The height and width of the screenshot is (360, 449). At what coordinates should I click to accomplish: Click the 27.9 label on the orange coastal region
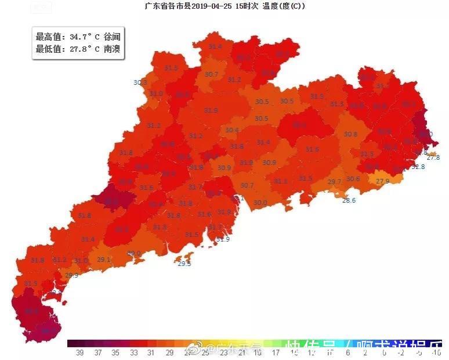(x=382, y=181)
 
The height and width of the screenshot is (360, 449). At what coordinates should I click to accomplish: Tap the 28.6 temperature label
(x=349, y=200)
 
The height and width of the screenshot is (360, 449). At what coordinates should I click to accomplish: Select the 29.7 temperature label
(x=334, y=182)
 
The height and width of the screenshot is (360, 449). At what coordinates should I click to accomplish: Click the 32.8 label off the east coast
(x=418, y=167)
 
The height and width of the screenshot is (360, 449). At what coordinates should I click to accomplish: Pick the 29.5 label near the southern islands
(x=184, y=264)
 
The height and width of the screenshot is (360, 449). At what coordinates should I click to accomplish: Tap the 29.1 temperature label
(x=104, y=260)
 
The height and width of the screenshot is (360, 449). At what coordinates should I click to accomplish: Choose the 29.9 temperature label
(x=71, y=275)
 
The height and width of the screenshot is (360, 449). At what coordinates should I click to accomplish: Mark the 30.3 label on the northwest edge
(x=140, y=82)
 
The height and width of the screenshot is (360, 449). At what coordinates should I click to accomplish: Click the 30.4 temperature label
(x=232, y=130)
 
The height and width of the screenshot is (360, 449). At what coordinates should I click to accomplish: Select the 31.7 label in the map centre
(x=195, y=187)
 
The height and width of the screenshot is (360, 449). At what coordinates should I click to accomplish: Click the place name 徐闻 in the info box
(x=114, y=37)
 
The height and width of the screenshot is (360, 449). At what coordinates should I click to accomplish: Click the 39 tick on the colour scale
(x=79, y=352)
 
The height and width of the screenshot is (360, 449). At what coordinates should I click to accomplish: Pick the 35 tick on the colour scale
(x=117, y=352)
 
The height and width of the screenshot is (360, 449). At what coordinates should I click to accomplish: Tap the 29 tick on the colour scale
(x=170, y=352)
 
